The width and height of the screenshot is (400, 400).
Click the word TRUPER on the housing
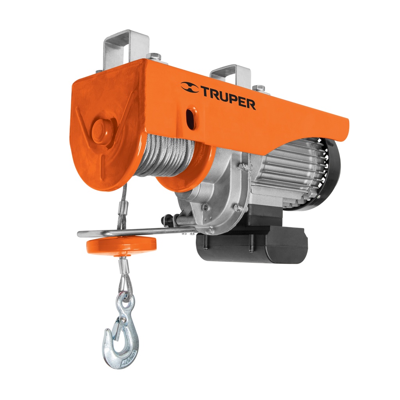tap(229, 98)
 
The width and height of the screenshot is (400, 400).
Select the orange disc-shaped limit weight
tap(121, 245)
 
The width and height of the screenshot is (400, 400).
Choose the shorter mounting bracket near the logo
tap(230, 74)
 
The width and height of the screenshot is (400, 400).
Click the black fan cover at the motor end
tap(332, 172)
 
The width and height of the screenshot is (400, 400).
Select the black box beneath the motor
tap(254, 242)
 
